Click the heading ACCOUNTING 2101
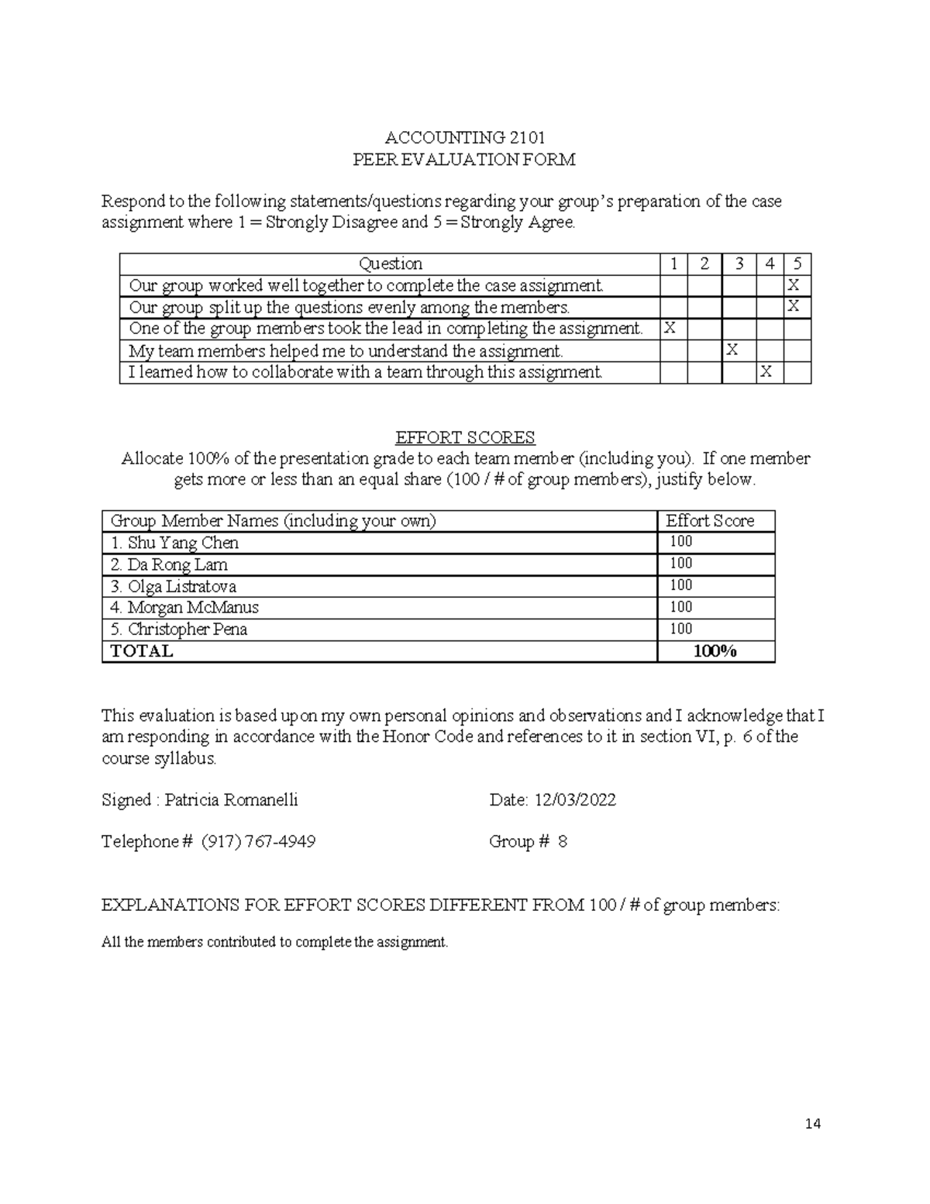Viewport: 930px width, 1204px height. click(464, 138)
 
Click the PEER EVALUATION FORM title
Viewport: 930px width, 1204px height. click(464, 160)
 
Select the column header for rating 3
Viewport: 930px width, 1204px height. click(739, 264)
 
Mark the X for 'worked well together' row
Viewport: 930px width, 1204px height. click(794, 285)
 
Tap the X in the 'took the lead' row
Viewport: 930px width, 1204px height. click(670, 329)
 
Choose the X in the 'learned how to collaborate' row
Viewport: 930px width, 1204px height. click(766, 372)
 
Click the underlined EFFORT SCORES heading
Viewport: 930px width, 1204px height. click(465, 437)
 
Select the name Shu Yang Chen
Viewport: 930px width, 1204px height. click(183, 543)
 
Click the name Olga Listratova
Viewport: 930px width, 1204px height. click(182, 586)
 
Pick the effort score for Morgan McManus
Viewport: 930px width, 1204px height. click(681, 607)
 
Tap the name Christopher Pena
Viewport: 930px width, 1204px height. click(188, 629)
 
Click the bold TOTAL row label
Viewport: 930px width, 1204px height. click(142, 651)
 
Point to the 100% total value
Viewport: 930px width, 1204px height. click(715, 651)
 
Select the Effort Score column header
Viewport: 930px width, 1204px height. click(710, 521)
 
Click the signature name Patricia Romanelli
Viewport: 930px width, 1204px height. click(231, 800)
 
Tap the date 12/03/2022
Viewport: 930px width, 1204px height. click(574, 800)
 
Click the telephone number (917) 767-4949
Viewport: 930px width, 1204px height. click(258, 842)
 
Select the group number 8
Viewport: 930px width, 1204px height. click(563, 842)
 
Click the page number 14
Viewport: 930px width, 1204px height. click(812, 1124)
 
